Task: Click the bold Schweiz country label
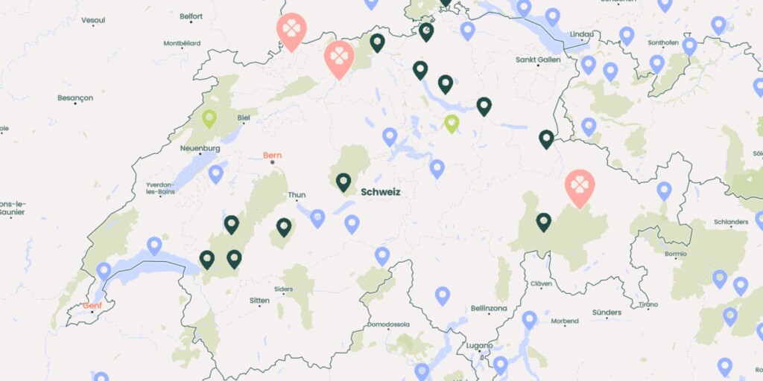click(x=380, y=192)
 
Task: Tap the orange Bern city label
click(x=273, y=156)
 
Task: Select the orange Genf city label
click(x=92, y=305)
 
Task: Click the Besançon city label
click(x=75, y=97)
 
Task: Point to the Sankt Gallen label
click(x=538, y=60)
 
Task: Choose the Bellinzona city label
click(x=489, y=307)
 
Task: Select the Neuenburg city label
click(x=200, y=148)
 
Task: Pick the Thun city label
click(x=297, y=195)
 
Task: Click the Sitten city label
click(x=259, y=301)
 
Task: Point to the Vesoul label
click(x=93, y=20)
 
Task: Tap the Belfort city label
click(x=191, y=16)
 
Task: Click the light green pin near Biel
click(x=209, y=118)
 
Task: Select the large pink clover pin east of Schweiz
click(x=579, y=186)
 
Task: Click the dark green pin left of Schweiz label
click(x=343, y=181)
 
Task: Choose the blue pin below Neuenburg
click(x=215, y=173)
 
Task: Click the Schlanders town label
click(x=730, y=222)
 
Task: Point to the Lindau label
click(x=583, y=34)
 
